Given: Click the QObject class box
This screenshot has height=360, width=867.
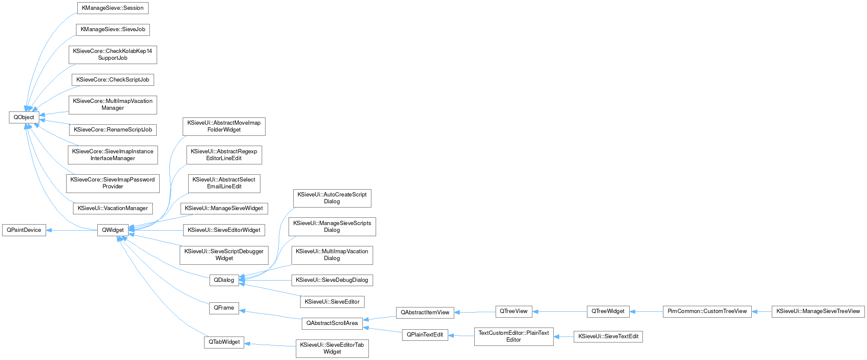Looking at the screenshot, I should coord(24,117).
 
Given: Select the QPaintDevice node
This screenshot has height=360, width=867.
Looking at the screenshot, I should coord(24,230).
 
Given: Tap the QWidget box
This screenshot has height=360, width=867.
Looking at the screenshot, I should coord(113,230).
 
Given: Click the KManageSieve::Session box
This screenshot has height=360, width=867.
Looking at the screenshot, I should coord(113,8).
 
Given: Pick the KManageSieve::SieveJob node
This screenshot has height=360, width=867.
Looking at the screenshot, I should coord(113,29).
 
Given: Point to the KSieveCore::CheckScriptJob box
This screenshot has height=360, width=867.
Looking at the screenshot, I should coord(113,80).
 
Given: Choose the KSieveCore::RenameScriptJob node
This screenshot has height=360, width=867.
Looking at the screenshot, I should coord(113,130).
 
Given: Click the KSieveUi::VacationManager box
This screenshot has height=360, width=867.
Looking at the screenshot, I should coord(113,208).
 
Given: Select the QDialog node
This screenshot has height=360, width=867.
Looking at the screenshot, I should coord(224,280).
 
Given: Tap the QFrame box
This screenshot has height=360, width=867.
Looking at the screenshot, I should coord(224,308).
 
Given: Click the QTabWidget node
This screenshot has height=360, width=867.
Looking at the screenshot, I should coord(224,342).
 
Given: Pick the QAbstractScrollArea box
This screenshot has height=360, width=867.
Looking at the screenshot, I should coord(332,323).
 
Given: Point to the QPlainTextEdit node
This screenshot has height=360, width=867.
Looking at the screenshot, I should coord(425,335).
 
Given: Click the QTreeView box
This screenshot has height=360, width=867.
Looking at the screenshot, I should coord(514,311).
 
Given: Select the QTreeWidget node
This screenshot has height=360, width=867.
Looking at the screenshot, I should coord(608,311).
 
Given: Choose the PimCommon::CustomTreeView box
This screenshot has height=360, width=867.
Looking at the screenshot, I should coord(707,311).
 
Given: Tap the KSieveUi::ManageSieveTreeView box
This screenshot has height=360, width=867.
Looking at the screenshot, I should coord(818,311).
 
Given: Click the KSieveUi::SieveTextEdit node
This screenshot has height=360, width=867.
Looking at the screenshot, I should coord(608,337).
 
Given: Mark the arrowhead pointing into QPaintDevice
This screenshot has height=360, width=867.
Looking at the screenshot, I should coord(49,230).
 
